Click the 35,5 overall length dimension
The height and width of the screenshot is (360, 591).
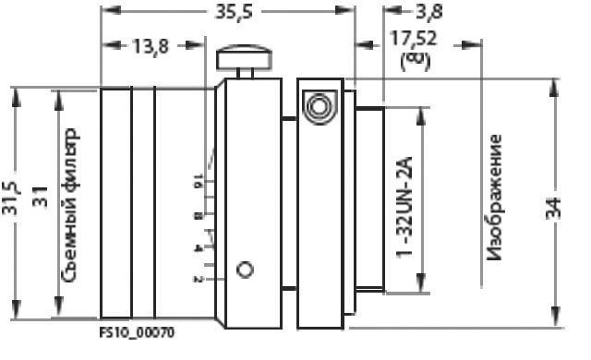[x=234, y=12]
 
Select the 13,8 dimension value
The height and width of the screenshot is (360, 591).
[x=151, y=47]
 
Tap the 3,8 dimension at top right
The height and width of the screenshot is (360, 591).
[x=429, y=12]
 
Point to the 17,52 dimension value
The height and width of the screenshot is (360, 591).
[x=414, y=39]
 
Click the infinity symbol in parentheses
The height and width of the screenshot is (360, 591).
[x=415, y=60]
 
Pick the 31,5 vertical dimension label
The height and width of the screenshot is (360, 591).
[x=10, y=198]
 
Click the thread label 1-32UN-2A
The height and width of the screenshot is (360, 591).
[x=404, y=207]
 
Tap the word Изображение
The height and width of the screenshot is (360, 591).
[x=494, y=198]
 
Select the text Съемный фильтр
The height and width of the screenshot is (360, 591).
[x=70, y=205]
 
